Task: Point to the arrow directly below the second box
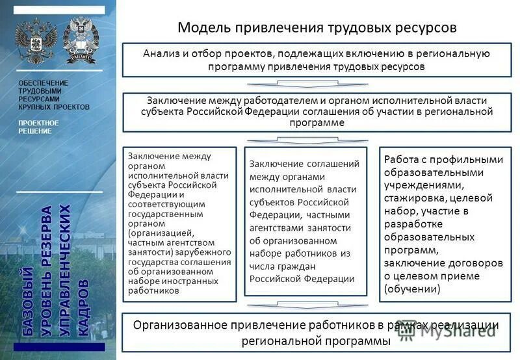click(x=317, y=139)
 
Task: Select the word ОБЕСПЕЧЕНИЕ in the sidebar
click(x=43, y=84)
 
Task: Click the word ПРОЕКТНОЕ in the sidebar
click(x=38, y=123)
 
